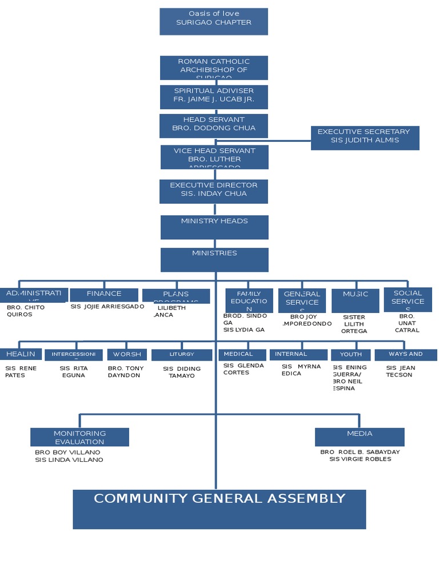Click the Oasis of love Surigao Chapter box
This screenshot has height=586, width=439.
point(214,21)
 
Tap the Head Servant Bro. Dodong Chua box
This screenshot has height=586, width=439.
point(214,125)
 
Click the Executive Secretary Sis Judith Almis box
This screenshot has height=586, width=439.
point(365,138)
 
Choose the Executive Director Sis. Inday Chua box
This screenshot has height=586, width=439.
point(214,191)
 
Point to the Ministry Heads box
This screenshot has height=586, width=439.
point(214,227)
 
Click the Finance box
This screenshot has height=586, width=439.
point(104,294)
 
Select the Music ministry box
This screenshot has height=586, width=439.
point(355,300)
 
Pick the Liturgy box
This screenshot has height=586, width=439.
point(181,355)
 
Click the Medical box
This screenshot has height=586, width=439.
point(242,355)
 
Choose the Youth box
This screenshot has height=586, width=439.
point(350,355)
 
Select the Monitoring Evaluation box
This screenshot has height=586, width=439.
point(79,437)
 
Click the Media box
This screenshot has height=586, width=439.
point(360,437)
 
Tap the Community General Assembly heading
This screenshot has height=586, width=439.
point(219,498)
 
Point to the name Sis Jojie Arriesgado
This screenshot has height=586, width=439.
point(107,307)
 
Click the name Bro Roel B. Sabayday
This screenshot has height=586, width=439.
point(360,452)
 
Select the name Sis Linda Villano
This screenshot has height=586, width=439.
point(69,460)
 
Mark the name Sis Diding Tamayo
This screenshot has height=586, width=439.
point(181,372)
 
